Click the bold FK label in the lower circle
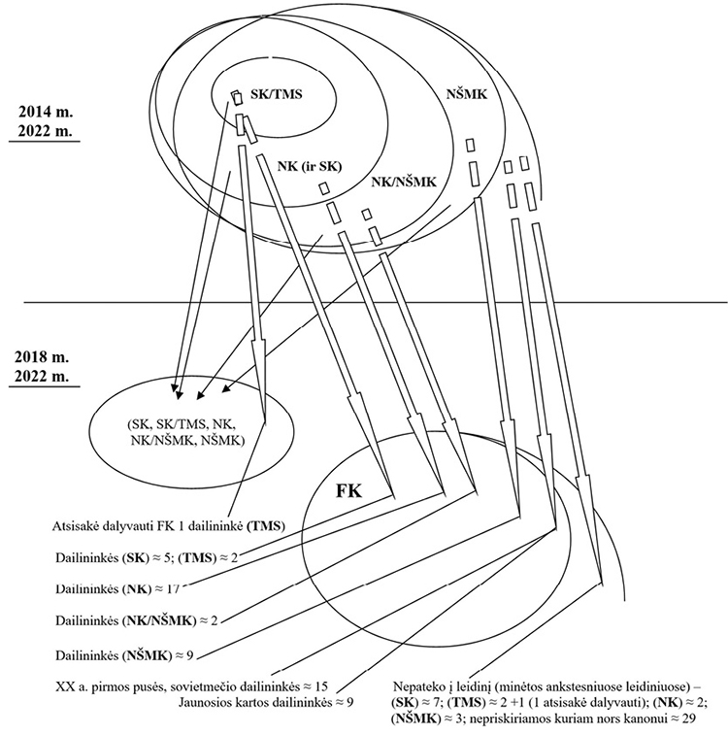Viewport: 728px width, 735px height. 351,489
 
